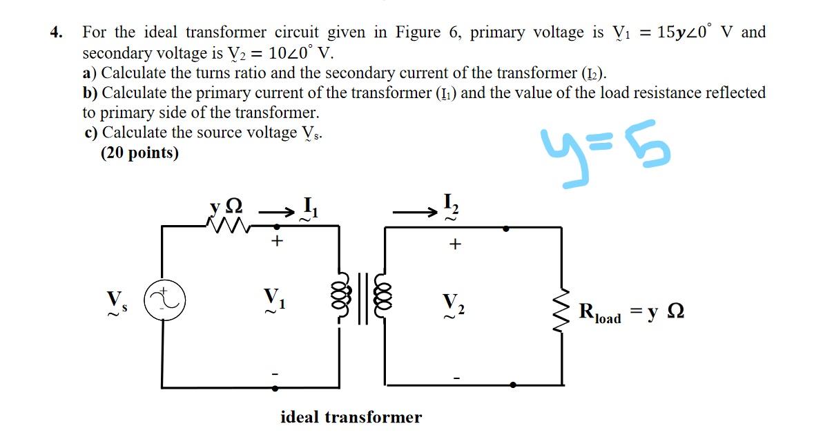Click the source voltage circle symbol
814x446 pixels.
pyautogui.click(x=162, y=302)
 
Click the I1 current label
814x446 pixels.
pyautogui.click(x=309, y=207)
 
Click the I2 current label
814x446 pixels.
pyautogui.click(x=450, y=205)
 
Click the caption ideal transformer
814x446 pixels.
pyautogui.click(x=351, y=417)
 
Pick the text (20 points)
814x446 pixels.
pyautogui.click(x=139, y=153)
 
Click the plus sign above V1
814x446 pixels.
pyautogui.click(x=278, y=241)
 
